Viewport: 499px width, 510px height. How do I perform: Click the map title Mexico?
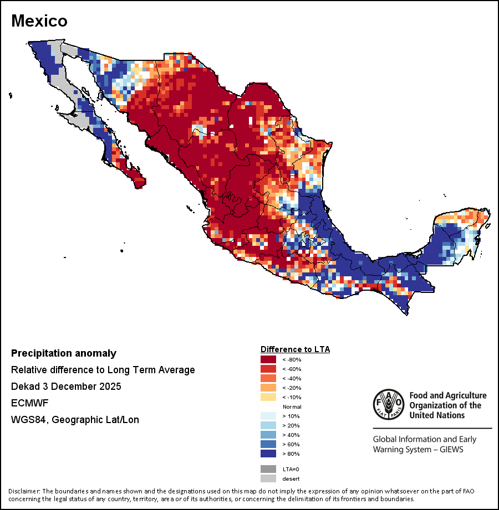click(x=39, y=21)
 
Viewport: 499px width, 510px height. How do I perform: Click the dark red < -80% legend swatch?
click(x=268, y=360)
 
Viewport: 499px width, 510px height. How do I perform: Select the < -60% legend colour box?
click(x=268, y=369)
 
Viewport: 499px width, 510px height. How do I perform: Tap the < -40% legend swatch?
click(x=268, y=379)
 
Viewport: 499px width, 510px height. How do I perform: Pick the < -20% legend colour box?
click(x=268, y=388)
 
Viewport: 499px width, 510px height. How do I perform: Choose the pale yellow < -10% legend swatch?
click(x=268, y=398)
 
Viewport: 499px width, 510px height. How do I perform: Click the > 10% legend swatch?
click(x=268, y=416)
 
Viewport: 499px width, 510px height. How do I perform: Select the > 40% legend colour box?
click(x=268, y=435)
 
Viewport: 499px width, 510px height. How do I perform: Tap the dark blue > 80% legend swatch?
click(x=268, y=454)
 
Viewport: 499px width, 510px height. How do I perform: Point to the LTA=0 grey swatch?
click(x=268, y=469)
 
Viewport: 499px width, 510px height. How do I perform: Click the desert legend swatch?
click(x=268, y=478)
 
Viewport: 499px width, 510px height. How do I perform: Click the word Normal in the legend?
click(x=292, y=407)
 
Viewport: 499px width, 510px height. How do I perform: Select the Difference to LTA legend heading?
click(x=295, y=349)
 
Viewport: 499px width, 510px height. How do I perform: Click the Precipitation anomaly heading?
click(x=64, y=353)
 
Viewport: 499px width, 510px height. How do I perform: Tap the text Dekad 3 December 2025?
click(x=66, y=387)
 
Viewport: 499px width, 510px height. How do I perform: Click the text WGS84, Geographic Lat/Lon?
click(x=75, y=420)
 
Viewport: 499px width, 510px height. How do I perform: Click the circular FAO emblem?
click(x=388, y=404)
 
